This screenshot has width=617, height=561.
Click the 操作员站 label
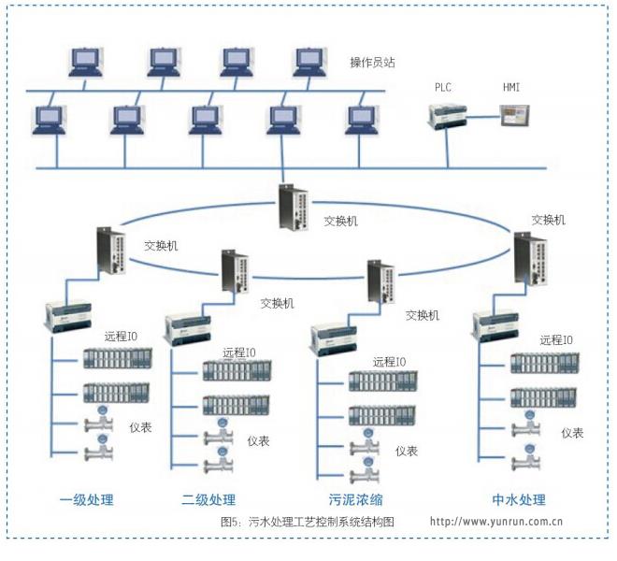click(x=372, y=61)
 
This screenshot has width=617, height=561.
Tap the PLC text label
click(x=442, y=87)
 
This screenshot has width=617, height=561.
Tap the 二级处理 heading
click(x=208, y=499)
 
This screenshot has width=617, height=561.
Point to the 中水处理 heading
click(x=519, y=499)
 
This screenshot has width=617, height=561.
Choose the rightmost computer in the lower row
click(x=359, y=120)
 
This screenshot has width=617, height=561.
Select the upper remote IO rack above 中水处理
click(x=544, y=363)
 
